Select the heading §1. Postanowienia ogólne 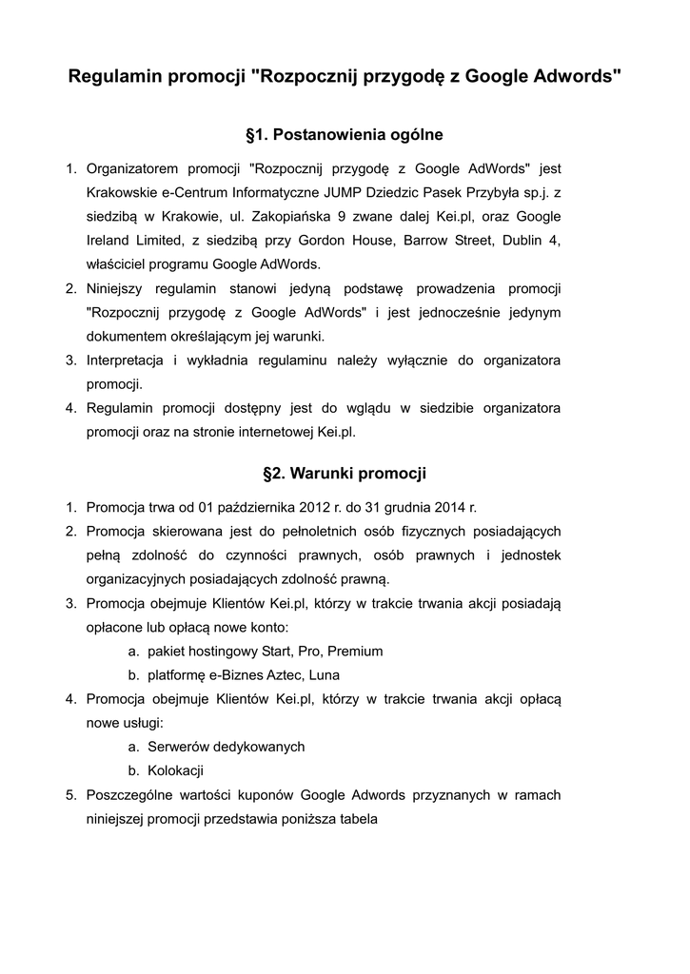tap(344, 135)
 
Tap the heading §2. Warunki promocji tap(344, 473)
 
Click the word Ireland tap(109, 241)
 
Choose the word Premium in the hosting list tap(355, 652)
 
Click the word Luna tap(325, 675)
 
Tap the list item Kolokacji tap(175, 770)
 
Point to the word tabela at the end tap(359, 818)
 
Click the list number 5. tap(70, 794)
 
